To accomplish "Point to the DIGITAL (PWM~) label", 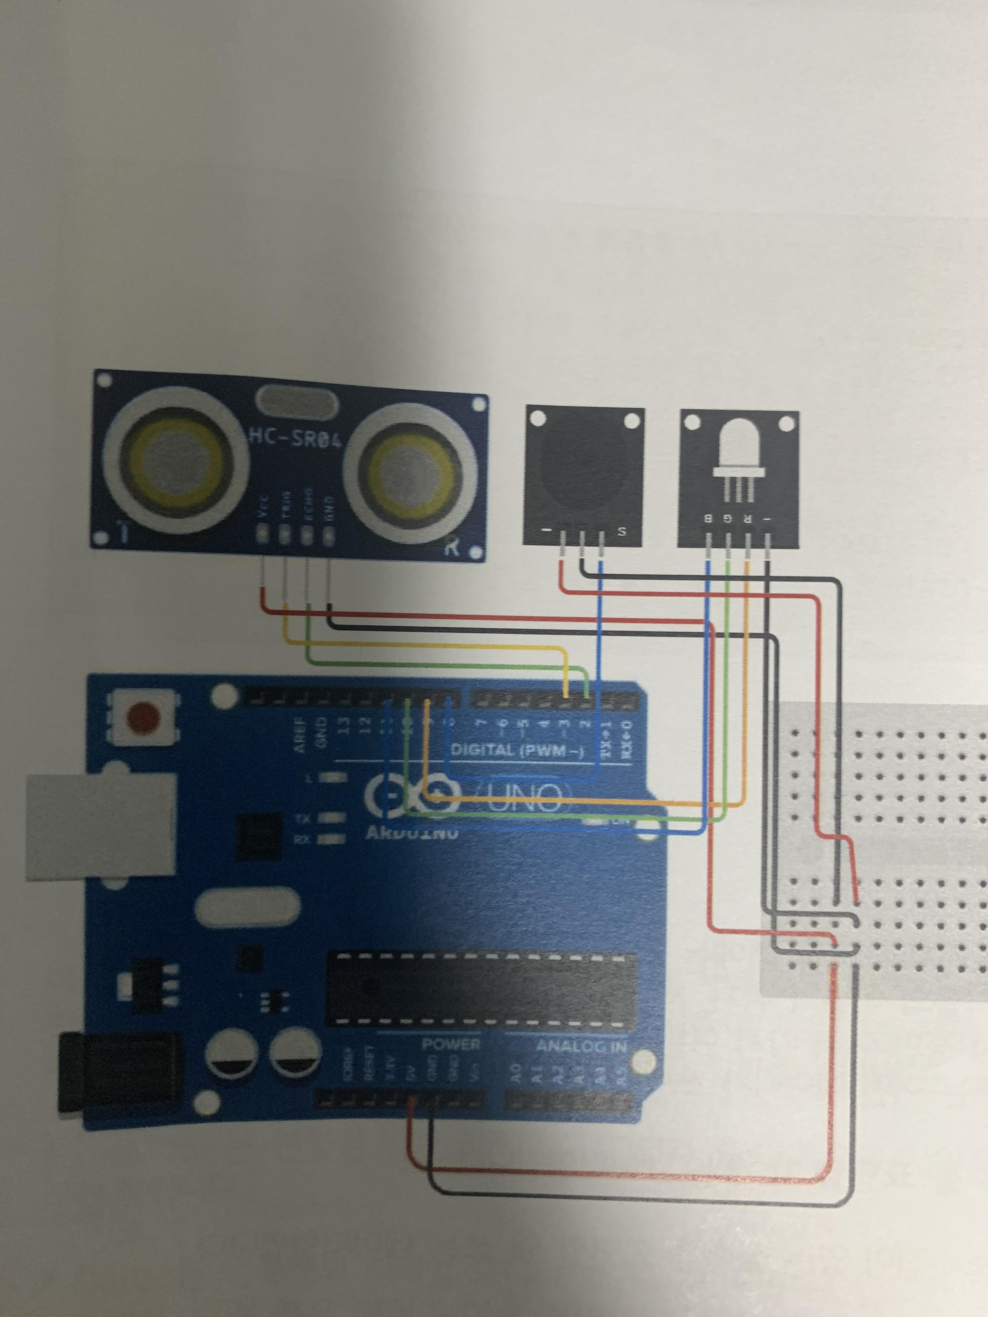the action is [x=517, y=750].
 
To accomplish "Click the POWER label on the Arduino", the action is [x=451, y=1044].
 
